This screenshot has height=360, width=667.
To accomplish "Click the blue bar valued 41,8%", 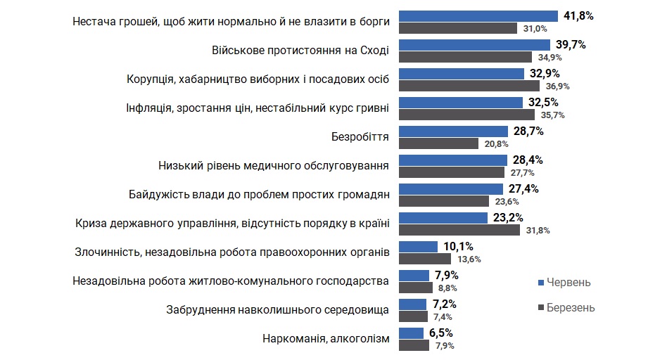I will coord(478,16).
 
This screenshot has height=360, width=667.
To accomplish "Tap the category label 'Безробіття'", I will coord(360,136).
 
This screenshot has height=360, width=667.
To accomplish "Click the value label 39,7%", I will coord(571,45).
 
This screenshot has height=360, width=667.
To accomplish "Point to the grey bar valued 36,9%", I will coord(469,86).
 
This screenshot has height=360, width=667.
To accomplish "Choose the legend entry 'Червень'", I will coord(569,282).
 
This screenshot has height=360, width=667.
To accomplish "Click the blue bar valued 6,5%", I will coord(412,333).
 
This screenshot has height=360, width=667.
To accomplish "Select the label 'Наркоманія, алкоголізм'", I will coord(325,338).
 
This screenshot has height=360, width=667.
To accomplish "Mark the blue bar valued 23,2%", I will coord(443,217).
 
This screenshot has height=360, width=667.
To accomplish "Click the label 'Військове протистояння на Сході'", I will coord(300,50).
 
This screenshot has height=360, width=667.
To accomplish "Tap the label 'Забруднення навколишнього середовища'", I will coord(277,309).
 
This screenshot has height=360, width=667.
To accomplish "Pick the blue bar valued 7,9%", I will coord(414,275).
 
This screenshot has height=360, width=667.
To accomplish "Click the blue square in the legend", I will coord(541,282).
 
